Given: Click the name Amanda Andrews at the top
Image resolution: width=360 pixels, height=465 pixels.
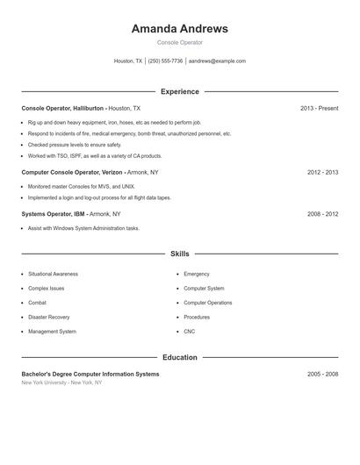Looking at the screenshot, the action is (x=179, y=28).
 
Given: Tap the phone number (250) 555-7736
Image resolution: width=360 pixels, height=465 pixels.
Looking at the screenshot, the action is (x=165, y=61).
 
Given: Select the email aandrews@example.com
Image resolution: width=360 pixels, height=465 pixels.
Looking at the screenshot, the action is (x=217, y=61).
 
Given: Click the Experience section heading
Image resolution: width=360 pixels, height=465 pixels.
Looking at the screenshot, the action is (x=179, y=91).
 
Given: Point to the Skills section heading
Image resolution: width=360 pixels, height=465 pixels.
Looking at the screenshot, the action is (x=179, y=254).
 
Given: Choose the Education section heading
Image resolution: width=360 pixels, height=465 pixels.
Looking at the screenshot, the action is (x=179, y=357).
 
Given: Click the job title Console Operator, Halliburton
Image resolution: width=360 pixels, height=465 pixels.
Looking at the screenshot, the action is (x=62, y=108).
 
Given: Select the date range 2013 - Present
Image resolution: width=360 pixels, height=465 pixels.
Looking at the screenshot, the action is (x=319, y=108).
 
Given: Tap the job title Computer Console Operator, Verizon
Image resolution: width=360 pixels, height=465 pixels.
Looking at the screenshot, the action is (x=72, y=172).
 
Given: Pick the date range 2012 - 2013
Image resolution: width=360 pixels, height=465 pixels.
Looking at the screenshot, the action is (x=322, y=172).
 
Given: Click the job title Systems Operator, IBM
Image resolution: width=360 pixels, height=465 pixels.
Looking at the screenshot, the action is (x=54, y=213).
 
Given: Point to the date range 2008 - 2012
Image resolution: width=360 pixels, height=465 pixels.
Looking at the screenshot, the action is (x=322, y=213).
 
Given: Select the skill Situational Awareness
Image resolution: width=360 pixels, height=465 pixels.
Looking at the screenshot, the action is (x=53, y=274).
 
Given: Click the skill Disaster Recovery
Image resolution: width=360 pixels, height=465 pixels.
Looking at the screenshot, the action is (x=48, y=317).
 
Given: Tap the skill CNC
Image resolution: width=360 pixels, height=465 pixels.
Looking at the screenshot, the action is (x=189, y=332).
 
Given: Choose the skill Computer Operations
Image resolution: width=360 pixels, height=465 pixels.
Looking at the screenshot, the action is (x=207, y=303).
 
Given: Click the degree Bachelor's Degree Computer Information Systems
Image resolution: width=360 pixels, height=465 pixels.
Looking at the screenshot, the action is (x=90, y=374).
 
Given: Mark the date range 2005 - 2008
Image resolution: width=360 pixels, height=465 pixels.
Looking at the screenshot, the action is (x=322, y=374).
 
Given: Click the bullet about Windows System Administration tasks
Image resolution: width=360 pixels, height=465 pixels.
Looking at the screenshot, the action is (x=83, y=228).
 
